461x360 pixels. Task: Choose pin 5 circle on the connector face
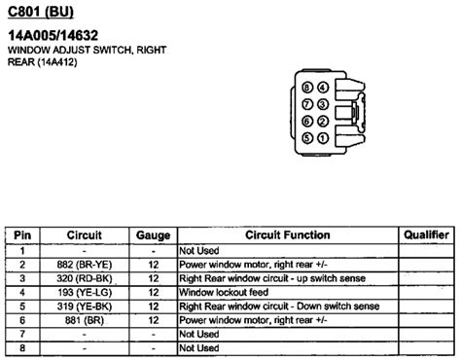coord(307,137)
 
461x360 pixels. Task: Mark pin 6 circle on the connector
coord(307,121)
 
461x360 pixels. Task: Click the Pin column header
coord(20,234)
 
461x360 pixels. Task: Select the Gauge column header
coord(154,234)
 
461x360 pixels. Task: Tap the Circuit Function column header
coord(288,234)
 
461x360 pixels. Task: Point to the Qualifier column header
coord(426,234)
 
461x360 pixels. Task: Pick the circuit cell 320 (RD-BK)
coord(84,277)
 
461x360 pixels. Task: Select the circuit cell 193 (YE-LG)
coord(84,291)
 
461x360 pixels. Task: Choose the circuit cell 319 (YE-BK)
coord(84,306)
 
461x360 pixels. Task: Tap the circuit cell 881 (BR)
coord(84,319)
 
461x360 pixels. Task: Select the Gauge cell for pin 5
coord(154,306)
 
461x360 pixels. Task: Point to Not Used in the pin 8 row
coord(198,347)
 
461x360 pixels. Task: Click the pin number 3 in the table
coord(20,277)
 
